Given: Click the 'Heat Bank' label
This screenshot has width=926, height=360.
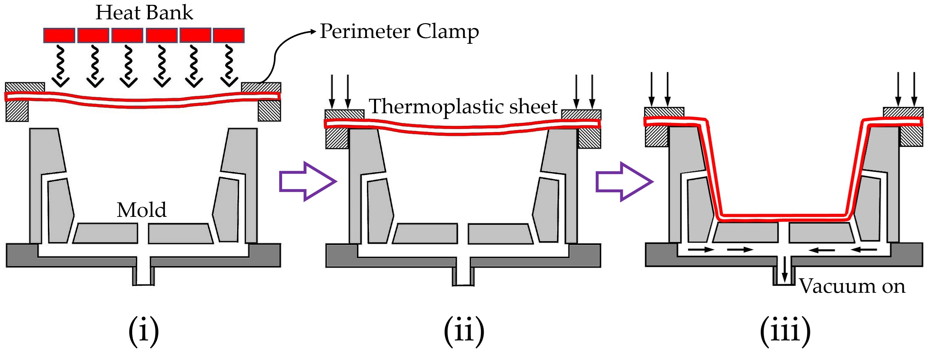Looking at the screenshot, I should click(144, 13).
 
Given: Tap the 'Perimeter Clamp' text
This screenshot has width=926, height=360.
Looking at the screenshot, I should click(399, 32).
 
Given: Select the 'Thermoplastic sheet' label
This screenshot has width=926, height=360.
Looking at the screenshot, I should click(463, 107).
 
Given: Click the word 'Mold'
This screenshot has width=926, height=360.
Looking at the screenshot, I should click(141, 210).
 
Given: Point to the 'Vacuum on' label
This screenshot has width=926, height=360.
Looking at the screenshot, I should click(852, 287).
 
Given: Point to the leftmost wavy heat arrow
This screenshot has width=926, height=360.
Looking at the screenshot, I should click(60, 67).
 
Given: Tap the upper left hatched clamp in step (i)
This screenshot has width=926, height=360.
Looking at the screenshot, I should click(25, 88).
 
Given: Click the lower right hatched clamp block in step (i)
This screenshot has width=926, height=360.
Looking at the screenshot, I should click(269, 111).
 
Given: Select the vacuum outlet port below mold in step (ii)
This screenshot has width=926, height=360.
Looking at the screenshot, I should click(463, 276).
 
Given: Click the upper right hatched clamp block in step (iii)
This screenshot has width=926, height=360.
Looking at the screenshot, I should click(903, 112).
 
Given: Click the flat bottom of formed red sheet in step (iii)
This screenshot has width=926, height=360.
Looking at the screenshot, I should click(784, 217).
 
